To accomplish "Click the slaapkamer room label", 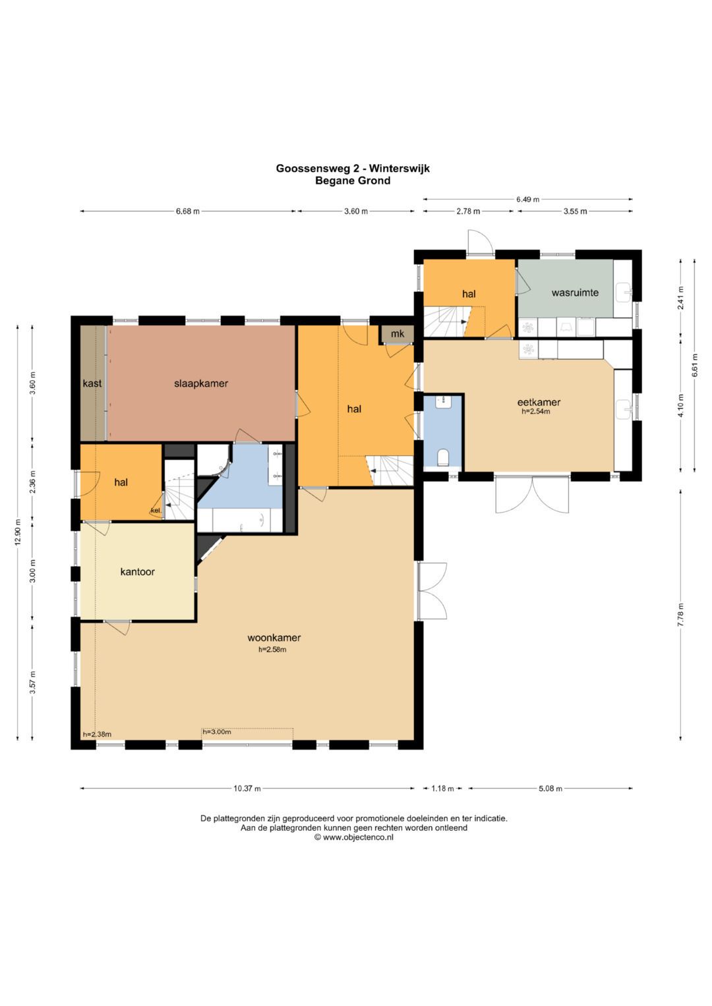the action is coord(201,383).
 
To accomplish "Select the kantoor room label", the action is coord(138,572).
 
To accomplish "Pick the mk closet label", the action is coord(398,334).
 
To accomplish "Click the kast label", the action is coord(92,383).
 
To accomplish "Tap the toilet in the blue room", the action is coord(443,457).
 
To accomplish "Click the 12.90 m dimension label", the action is coord(18,532).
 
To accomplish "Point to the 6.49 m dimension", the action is coord(527,200).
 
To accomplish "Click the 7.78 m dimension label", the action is coord(681,615).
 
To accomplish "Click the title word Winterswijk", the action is coord(399,169).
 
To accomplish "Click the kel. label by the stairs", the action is coord(156,511).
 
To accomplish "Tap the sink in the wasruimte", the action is coord(624,293).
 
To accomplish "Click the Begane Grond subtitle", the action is coord(353,181).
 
